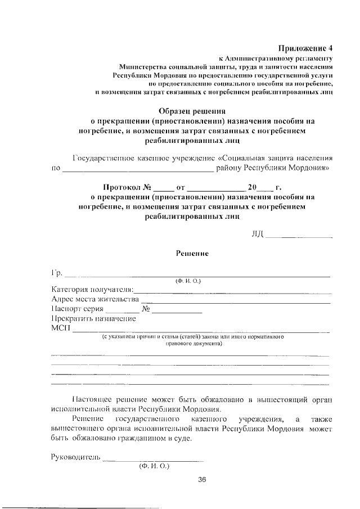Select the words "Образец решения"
pos(191,111)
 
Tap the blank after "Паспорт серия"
pos(122,310)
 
